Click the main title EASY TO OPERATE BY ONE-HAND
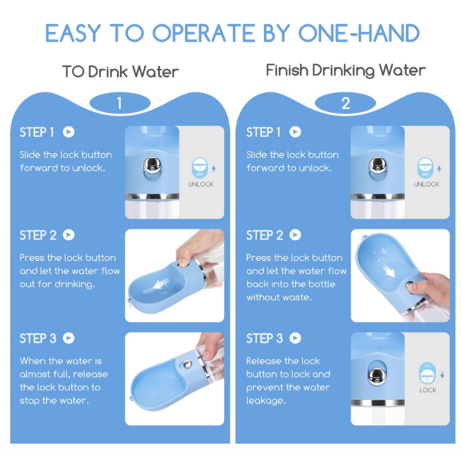pos(232,33)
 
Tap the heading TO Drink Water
pos(120,72)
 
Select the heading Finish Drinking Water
pos(346,70)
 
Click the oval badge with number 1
pos(120,103)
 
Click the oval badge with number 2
pos(345,103)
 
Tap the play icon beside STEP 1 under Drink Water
pos(69,132)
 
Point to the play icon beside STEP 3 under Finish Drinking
pos(295,338)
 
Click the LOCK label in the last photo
pos(428,390)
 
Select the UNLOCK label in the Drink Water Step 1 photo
pos(201,185)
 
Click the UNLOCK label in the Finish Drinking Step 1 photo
pos(426,185)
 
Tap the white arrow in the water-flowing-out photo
pos(160,284)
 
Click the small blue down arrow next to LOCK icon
pos(442,374)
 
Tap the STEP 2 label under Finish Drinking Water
pos(264,235)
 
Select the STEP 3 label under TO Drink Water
pos(38,338)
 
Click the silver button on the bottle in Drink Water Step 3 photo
pos(187,364)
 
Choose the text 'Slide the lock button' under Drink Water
pos(66,155)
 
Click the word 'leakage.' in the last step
pos(266,401)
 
